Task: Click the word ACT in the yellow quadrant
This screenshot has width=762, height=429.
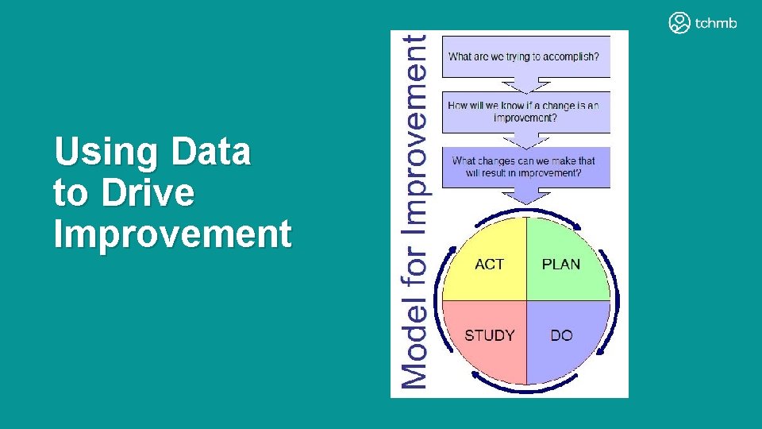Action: click(x=489, y=264)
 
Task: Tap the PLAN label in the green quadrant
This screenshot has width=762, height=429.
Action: click(x=560, y=264)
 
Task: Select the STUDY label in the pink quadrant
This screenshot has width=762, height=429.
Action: click(x=489, y=335)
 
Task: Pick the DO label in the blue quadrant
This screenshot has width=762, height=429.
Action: click(x=561, y=335)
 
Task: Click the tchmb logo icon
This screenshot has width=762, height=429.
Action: click(x=679, y=22)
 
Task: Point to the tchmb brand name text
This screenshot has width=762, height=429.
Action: click(x=716, y=23)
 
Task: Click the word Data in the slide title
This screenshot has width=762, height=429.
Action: click(x=210, y=151)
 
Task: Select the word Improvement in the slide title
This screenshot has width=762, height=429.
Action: click(x=172, y=234)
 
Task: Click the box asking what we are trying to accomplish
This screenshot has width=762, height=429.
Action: click(x=525, y=56)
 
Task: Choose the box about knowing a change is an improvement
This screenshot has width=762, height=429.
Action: click(x=525, y=112)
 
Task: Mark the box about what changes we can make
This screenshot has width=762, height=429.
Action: click(x=525, y=167)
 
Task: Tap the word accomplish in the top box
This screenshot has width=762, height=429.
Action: click(x=570, y=56)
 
